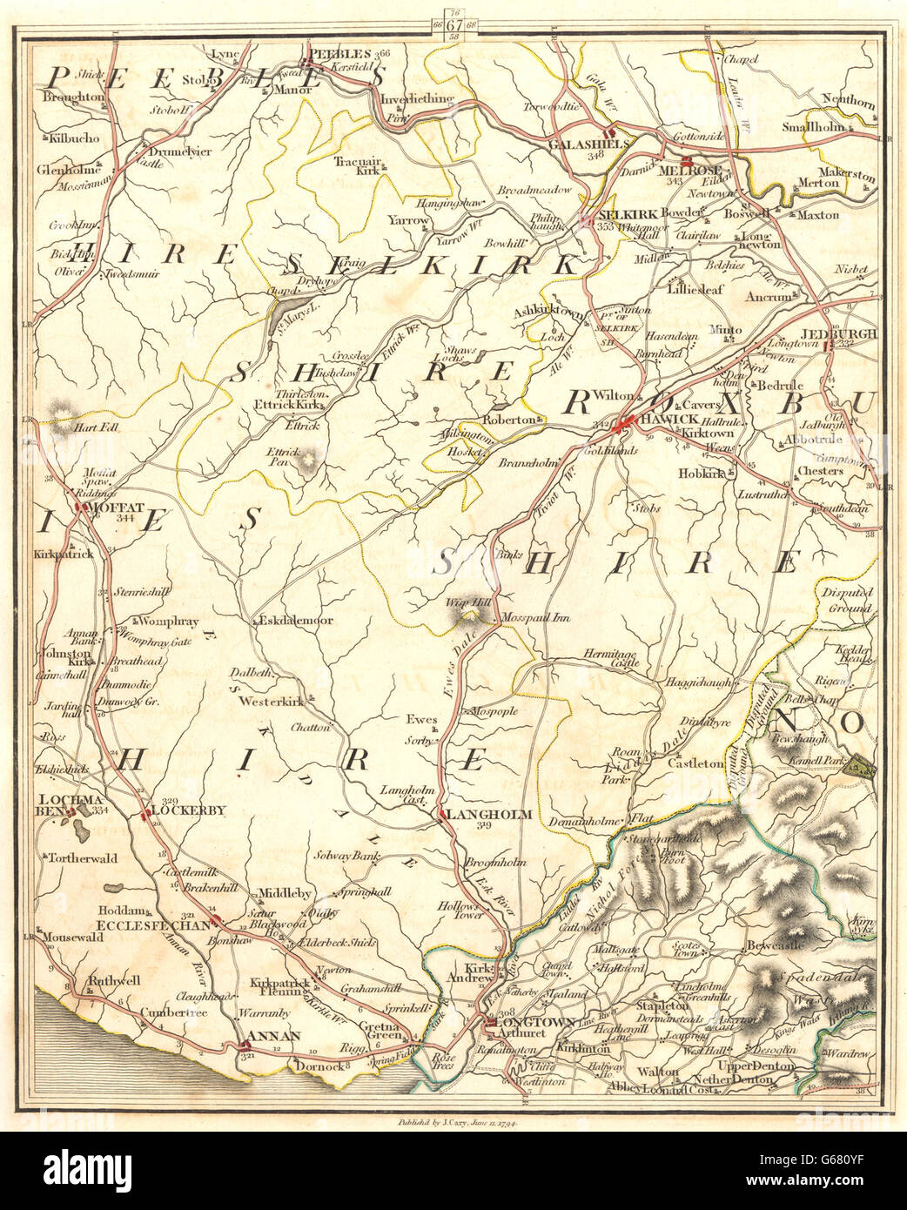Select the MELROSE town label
(x=687, y=172)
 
